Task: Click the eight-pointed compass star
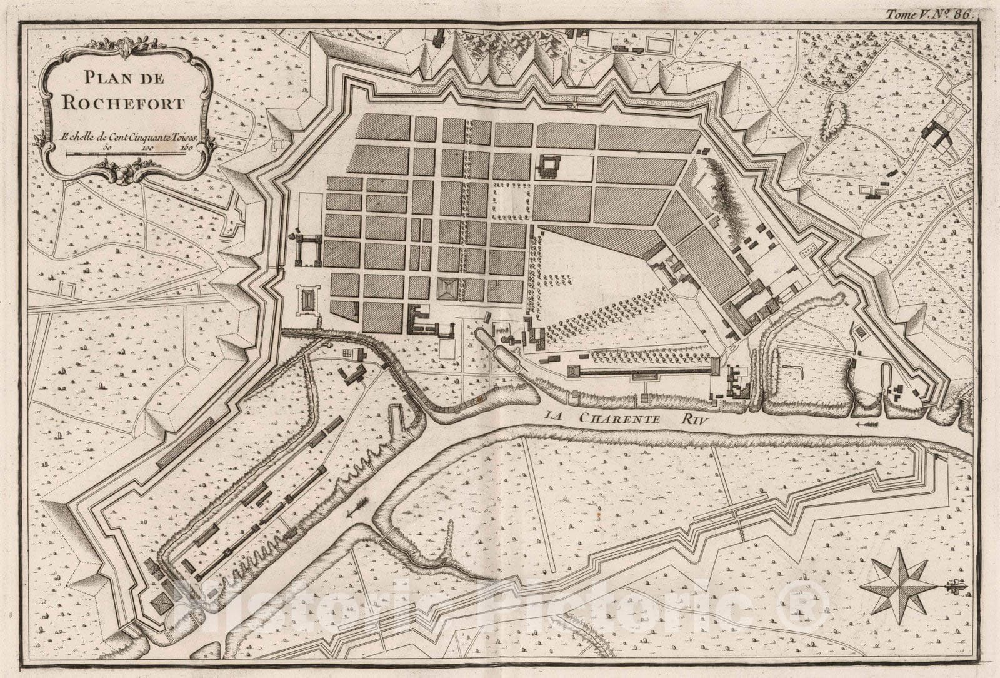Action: click(897, 582)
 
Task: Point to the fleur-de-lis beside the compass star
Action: click(951, 587)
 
